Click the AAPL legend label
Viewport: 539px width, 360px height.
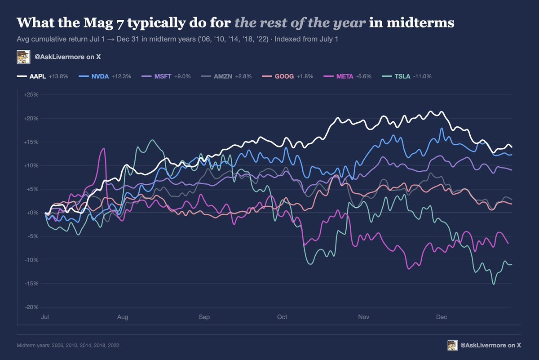click(38, 76)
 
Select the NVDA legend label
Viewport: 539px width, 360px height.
click(100, 76)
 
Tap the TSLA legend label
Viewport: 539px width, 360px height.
click(402, 76)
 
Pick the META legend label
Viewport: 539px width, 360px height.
click(345, 76)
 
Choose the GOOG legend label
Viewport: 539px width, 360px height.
click(284, 76)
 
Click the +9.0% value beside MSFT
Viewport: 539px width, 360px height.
click(182, 76)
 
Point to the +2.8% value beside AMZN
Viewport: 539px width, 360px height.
click(243, 76)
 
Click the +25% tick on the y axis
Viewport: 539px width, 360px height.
click(31, 95)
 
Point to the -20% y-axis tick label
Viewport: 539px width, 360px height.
click(31, 307)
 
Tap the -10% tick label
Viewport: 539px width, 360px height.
click(31, 260)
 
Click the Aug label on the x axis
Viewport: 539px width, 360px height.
click(123, 317)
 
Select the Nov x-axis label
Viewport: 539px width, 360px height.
click(363, 317)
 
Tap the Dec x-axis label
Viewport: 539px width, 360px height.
click(442, 317)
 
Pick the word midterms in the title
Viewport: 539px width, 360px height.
click(420, 22)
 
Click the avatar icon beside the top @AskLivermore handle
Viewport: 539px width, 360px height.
click(23, 57)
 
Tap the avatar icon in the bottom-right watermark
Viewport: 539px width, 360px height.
click(453, 345)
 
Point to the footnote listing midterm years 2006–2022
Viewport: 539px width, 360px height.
click(68, 345)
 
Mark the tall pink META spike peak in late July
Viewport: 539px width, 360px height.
click(104, 149)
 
